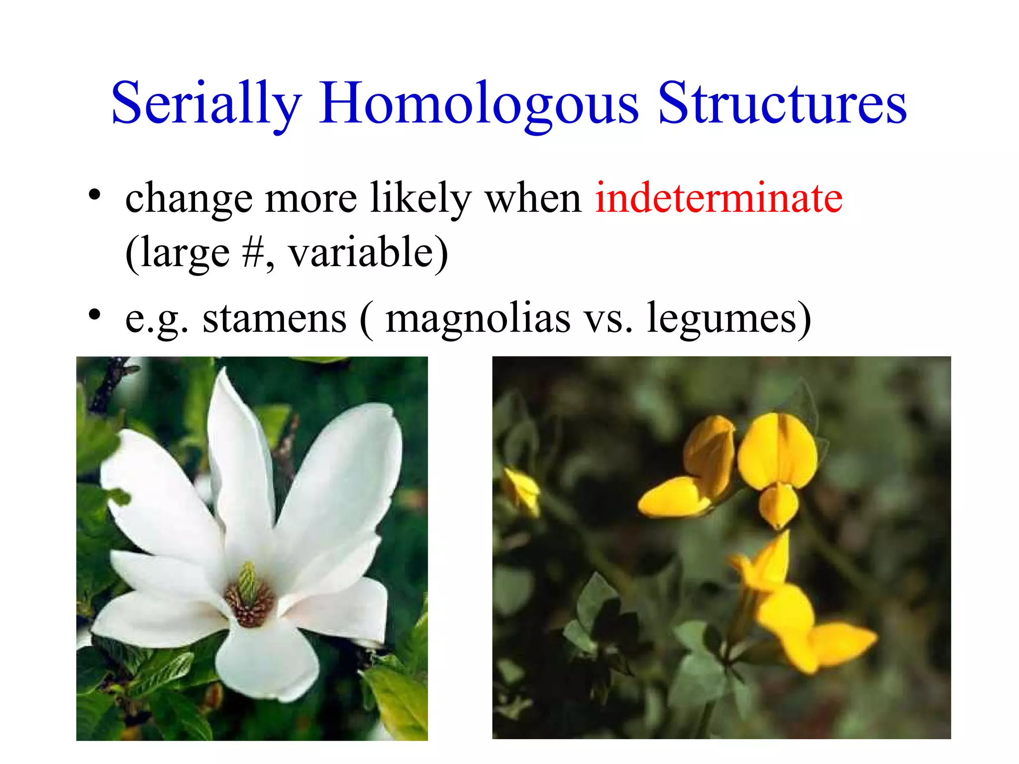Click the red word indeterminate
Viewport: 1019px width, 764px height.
point(718,198)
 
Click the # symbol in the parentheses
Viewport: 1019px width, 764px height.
point(253,253)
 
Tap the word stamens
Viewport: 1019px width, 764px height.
point(274,318)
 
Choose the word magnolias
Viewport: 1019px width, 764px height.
point(478,318)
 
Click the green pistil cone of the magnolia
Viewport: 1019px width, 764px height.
point(248,579)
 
